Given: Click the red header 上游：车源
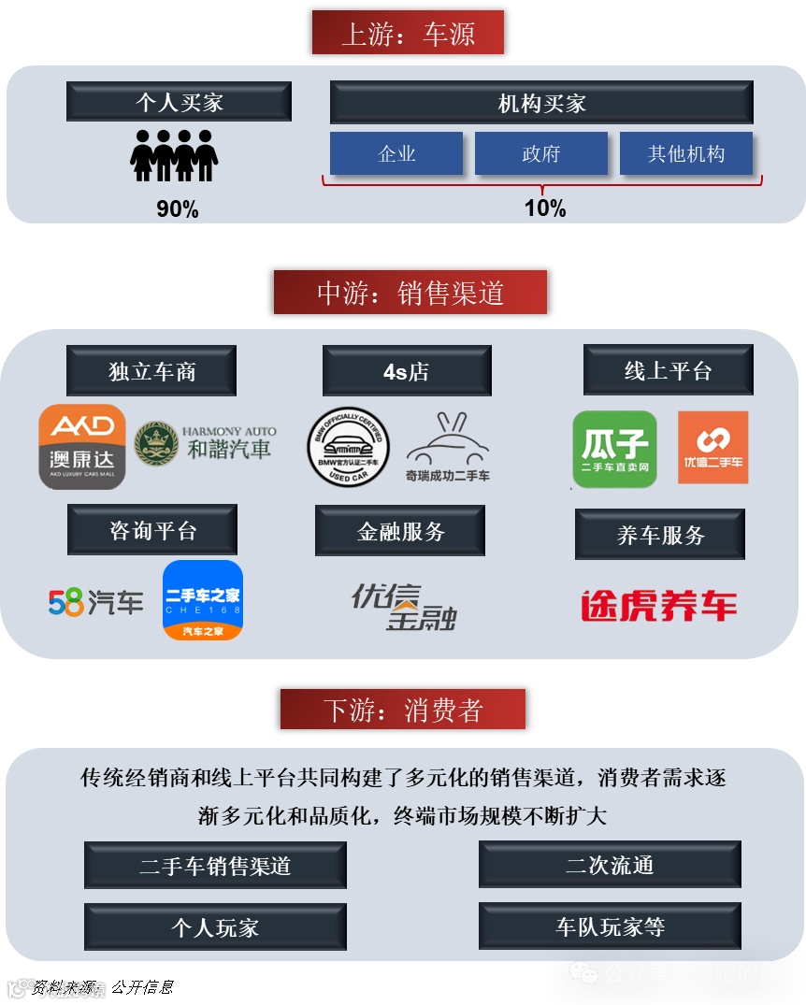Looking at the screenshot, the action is click(408, 34).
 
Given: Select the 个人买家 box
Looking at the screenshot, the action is click(179, 102).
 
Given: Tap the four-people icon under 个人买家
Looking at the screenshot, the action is click(174, 155).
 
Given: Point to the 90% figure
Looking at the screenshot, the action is click(178, 209).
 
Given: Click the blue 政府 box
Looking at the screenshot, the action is click(541, 153).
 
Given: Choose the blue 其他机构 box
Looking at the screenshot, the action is click(686, 153).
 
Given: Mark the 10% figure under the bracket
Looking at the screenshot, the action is click(545, 208).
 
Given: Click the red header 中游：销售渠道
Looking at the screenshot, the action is click(410, 293).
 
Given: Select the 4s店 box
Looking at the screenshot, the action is click(407, 371).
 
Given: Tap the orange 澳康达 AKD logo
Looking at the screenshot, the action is click(82, 446).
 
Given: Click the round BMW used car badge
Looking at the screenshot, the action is click(349, 447).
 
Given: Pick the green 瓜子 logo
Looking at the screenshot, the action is click(614, 449).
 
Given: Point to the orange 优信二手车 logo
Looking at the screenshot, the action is click(712, 447).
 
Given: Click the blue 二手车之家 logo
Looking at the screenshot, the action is click(203, 600).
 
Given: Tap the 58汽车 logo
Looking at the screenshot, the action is click(95, 602).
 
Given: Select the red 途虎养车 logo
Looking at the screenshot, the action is click(659, 606).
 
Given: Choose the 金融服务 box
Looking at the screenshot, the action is click(400, 531).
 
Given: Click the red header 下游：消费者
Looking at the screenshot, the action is click(403, 710).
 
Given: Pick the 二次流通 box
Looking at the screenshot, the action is click(610, 865).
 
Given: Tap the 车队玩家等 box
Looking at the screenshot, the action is click(610, 926).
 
